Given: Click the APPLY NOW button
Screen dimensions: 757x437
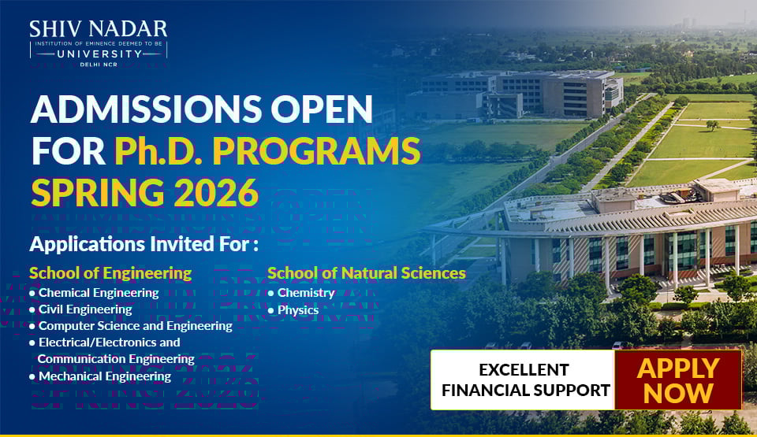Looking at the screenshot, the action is (x=678, y=380).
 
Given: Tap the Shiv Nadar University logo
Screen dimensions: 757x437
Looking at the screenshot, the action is (x=99, y=43).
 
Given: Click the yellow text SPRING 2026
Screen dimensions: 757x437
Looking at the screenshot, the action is (x=145, y=192).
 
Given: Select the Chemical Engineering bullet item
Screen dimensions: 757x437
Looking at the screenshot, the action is (x=94, y=293).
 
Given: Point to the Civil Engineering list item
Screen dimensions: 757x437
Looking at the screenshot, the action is (x=80, y=309).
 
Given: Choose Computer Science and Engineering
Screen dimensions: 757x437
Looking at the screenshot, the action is (x=131, y=326).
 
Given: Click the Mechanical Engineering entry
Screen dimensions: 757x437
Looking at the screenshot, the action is (x=100, y=376).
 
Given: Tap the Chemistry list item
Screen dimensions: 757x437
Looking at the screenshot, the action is (x=301, y=293).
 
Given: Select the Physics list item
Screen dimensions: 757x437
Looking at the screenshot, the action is (x=293, y=309).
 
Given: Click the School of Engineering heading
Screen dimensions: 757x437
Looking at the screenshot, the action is (x=110, y=273).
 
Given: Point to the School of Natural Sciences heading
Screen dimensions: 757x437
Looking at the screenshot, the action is (x=367, y=273).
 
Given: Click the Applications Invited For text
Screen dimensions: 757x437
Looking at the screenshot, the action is (x=144, y=244).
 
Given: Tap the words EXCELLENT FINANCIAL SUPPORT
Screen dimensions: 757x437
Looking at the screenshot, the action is (x=526, y=380).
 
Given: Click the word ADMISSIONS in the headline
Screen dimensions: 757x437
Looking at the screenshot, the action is (x=147, y=109).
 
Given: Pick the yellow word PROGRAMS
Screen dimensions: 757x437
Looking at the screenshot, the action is (x=317, y=151).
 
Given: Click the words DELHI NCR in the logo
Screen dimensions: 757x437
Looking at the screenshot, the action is (x=99, y=64).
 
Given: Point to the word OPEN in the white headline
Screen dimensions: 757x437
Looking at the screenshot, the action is (x=322, y=109).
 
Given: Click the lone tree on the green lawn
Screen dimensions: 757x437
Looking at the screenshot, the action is (x=712, y=125).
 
